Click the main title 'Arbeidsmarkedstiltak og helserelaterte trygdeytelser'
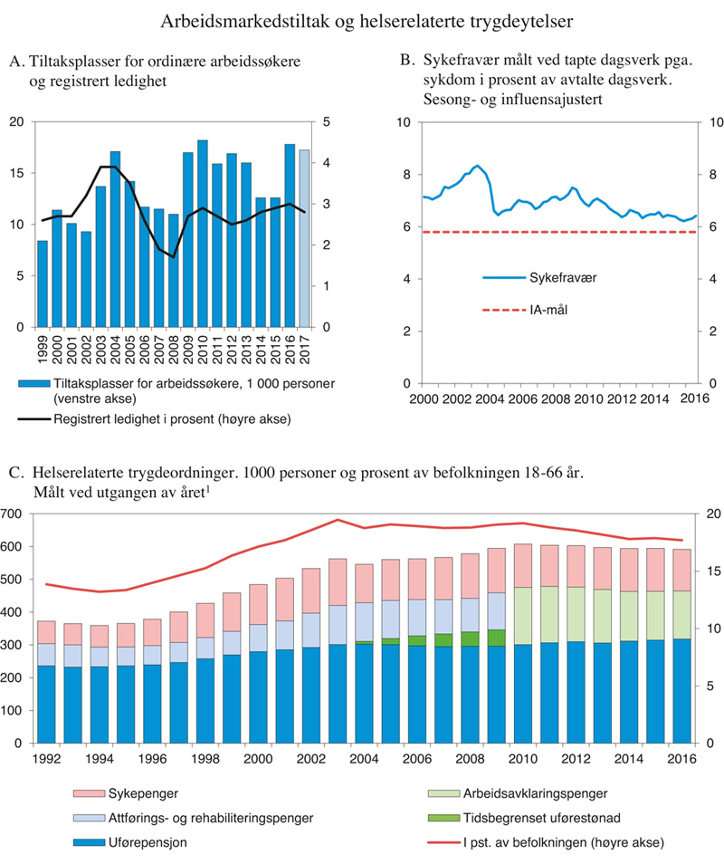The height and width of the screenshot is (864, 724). pyautogui.click(x=366, y=19)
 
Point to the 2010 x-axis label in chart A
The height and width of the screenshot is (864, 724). pyautogui.click(x=203, y=346)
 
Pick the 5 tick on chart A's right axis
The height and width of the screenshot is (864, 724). pyautogui.click(x=326, y=122)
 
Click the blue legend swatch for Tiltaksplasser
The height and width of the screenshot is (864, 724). pyautogui.click(x=34, y=384)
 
